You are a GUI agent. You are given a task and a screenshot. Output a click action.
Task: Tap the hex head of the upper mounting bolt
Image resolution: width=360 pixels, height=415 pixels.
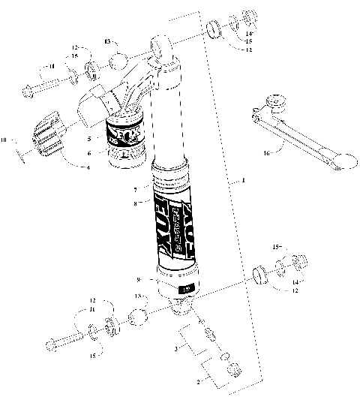[28, 92]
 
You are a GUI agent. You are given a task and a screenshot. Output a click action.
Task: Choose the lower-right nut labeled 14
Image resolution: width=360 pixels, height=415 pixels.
[301, 282]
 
